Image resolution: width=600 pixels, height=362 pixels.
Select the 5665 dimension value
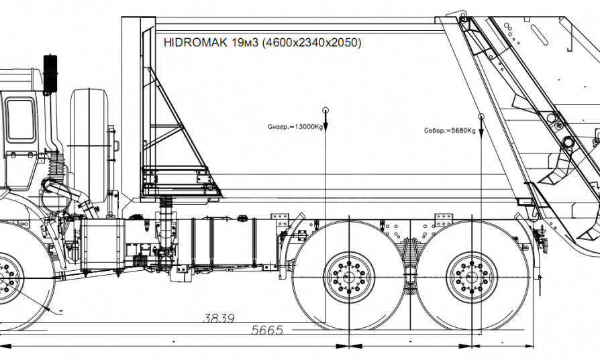point(267,330)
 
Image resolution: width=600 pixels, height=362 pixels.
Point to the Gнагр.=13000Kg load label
point(295,125)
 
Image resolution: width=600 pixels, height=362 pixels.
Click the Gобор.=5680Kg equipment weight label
point(450,131)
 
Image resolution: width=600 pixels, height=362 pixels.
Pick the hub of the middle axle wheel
point(349,277)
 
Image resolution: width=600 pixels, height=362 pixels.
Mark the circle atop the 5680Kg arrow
point(481,117)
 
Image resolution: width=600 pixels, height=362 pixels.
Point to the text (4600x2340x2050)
point(312,43)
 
